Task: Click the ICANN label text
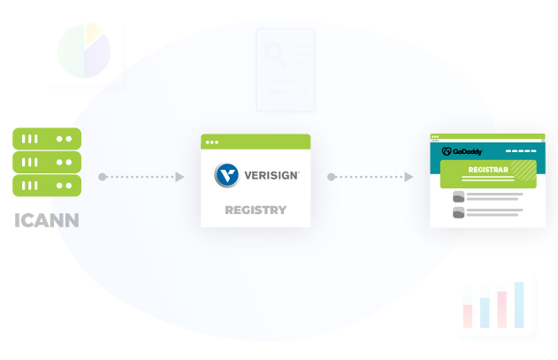(x=47, y=220)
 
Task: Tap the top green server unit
(x=47, y=139)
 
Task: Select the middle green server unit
(x=47, y=162)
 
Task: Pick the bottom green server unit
(x=47, y=186)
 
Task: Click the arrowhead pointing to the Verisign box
(x=180, y=177)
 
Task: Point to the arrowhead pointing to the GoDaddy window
(x=409, y=177)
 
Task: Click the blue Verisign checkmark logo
(x=226, y=175)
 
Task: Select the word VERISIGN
(x=271, y=175)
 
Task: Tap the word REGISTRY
(x=256, y=211)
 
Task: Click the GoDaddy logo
(x=462, y=151)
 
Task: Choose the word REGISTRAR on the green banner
(x=488, y=170)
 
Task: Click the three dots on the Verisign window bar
(x=212, y=142)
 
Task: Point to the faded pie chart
(x=84, y=50)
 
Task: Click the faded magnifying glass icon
(x=275, y=54)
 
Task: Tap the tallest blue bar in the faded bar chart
(x=519, y=305)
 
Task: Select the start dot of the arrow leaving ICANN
(x=102, y=177)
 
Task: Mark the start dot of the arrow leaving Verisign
(x=332, y=177)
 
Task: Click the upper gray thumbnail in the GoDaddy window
(x=459, y=196)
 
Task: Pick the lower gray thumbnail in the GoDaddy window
(x=459, y=212)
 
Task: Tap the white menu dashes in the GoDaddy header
(x=521, y=151)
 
